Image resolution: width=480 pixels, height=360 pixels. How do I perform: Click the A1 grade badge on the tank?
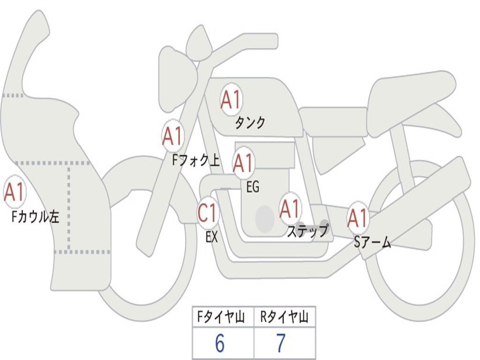(231, 99)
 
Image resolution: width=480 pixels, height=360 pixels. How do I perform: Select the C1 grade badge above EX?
(208, 214)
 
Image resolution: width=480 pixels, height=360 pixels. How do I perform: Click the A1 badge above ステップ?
(290, 209)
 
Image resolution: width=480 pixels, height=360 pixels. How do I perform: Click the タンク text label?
(250, 123)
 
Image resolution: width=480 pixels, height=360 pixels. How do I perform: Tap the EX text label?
(211, 237)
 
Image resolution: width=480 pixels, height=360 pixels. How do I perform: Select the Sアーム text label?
(372, 242)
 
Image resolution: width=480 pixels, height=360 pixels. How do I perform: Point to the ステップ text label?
(307, 231)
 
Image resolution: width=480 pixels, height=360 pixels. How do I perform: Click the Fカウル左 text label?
(36, 217)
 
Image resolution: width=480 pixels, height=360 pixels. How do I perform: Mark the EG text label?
(253, 187)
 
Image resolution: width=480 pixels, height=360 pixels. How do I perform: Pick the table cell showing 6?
(220, 344)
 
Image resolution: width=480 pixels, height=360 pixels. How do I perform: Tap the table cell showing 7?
(281, 344)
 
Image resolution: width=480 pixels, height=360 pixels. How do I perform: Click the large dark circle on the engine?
(265, 218)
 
